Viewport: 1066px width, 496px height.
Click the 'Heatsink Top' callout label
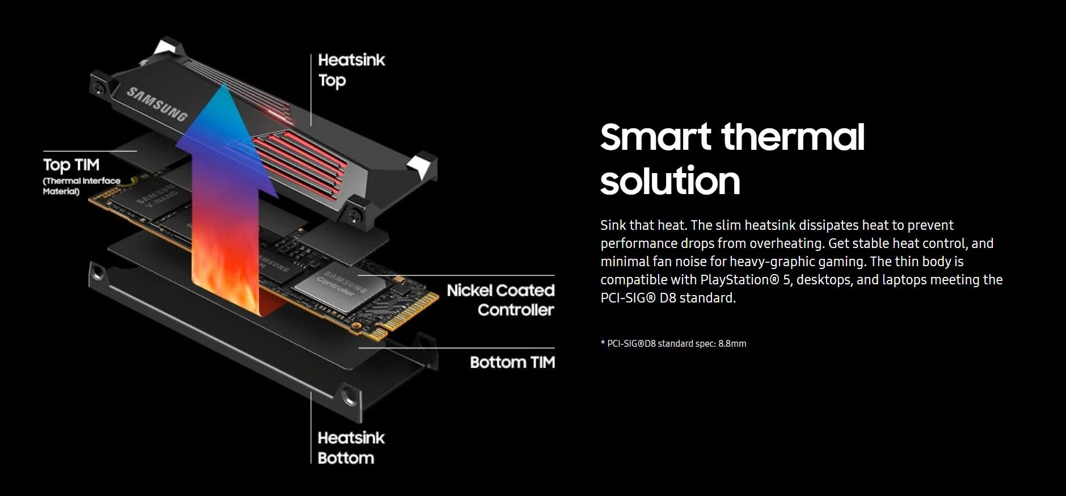pyautogui.click(x=351, y=70)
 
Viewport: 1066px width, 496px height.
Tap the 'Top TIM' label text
pyautogui.click(x=71, y=165)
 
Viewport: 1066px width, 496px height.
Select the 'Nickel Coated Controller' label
pyautogui.click(x=500, y=300)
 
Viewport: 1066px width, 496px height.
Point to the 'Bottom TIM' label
pyautogui.click(x=512, y=362)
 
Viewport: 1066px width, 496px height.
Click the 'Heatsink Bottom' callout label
pyautogui.click(x=351, y=448)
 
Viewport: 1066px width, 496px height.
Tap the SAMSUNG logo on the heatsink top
pyautogui.click(x=157, y=104)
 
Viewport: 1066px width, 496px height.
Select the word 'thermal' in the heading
pyautogui.click(x=793, y=137)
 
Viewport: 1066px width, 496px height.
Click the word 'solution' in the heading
pyautogui.click(x=670, y=181)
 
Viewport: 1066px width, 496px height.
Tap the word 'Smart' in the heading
pyautogui.click(x=655, y=137)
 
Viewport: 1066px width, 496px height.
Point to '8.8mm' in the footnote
pyautogui.click(x=732, y=343)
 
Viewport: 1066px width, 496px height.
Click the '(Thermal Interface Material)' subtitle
pyautogui.click(x=82, y=186)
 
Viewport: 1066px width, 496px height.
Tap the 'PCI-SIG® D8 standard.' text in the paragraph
pyautogui.click(x=668, y=298)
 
